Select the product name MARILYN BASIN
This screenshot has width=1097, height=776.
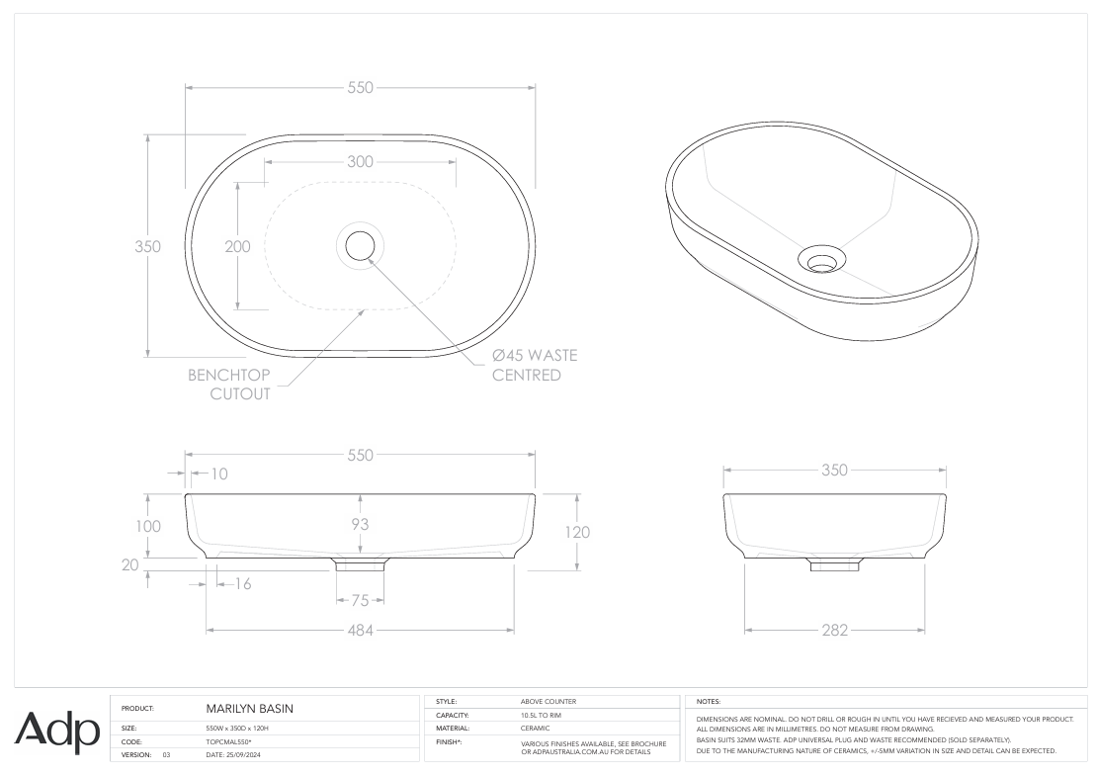[x=248, y=709]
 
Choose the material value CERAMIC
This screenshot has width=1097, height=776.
[x=535, y=728]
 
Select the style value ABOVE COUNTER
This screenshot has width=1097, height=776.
[x=548, y=701]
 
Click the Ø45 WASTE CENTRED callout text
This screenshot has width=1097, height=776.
[x=535, y=365]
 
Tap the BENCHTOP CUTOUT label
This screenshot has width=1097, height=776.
[x=229, y=385]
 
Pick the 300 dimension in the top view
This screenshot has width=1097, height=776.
[x=360, y=162]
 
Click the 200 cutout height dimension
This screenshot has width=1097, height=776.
[x=237, y=246]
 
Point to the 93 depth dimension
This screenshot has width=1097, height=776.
[x=360, y=524]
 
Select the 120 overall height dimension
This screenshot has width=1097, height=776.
[x=577, y=532]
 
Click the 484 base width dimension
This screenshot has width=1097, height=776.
[x=360, y=631]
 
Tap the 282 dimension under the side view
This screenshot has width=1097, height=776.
[x=835, y=631]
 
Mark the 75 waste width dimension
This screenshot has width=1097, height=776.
[x=360, y=600]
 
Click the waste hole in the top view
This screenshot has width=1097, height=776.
[x=360, y=244]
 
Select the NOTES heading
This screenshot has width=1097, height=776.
[x=710, y=701]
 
